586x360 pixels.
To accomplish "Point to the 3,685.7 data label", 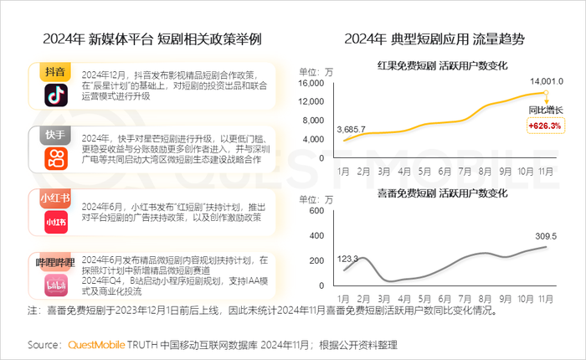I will point(352,129).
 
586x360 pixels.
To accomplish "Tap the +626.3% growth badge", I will point(545,126).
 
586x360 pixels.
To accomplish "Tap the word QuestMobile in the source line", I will point(96,344).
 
